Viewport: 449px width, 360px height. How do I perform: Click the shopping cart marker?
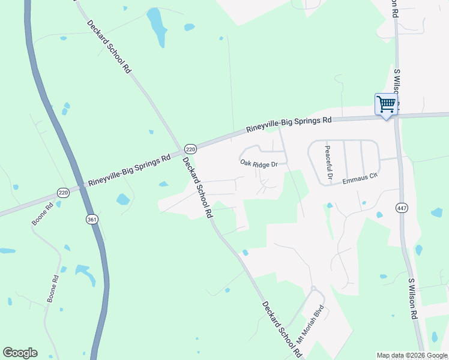click(386, 104)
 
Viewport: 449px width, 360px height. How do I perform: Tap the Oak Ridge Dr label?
click(259, 163)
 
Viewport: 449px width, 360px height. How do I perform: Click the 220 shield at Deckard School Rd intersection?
click(190, 149)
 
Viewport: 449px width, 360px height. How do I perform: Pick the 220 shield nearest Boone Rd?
click(63, 193)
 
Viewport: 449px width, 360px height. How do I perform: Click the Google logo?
click(20, 353)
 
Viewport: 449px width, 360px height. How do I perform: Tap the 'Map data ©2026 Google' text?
click(412, 355)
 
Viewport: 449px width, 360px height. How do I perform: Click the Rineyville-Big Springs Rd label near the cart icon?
click(289, 125)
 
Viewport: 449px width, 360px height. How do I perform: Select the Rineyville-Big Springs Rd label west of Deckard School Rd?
click(129, 172)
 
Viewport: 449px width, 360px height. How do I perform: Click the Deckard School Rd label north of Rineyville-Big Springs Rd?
click(109, 46)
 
